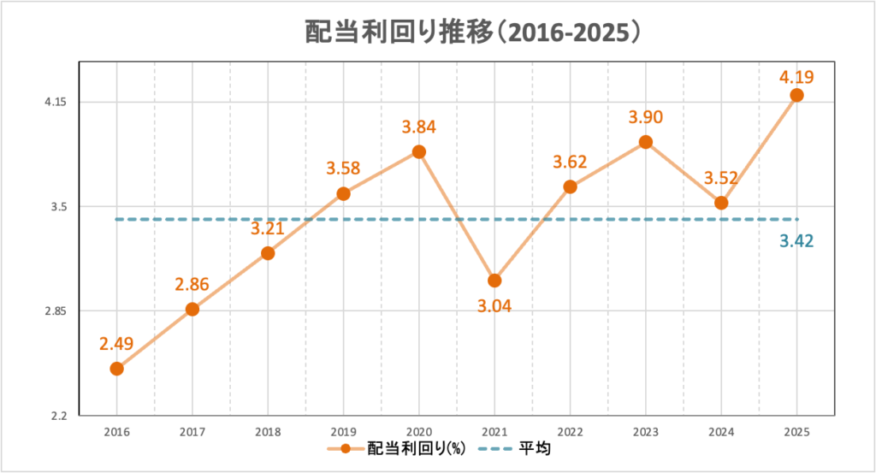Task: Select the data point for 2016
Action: pyautogui.click(x=117, y=369)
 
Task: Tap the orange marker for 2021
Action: pyautogui.click(x=494, y=281)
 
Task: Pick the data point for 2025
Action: pyautogui.click(x=796, y=95)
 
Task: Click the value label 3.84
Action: pyautogui.click(x=419, y=127)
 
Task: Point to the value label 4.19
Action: pyautogui.click(x=796, y=77)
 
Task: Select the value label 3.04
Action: pyautogui.click(x=494, y=305)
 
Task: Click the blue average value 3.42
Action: pyautogui.click(x=796, y=241)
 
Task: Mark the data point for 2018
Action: pyautogui.click(x=268, y=253)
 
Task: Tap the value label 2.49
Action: pyautogui.click(x=117, y=344)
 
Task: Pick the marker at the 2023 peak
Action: pyautogui.click(x=646, y=142)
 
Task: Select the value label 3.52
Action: pyautogui.click(x=721, y=179)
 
